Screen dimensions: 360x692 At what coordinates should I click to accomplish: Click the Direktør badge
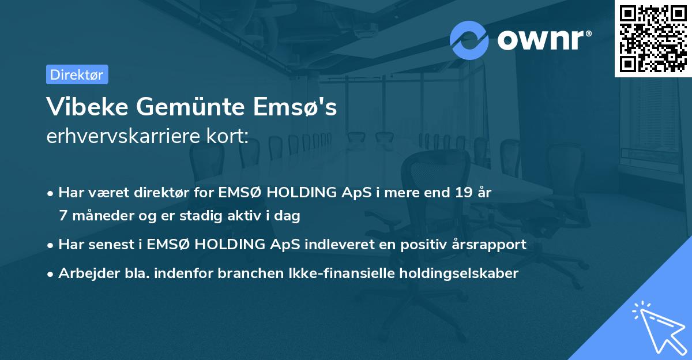[x=77, y=74]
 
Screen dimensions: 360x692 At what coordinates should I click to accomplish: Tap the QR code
[x=653, y=38]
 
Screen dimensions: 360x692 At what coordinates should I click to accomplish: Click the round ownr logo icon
[x=469, y=40]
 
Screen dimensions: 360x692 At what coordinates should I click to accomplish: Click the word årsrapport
[x=490, y=244]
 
